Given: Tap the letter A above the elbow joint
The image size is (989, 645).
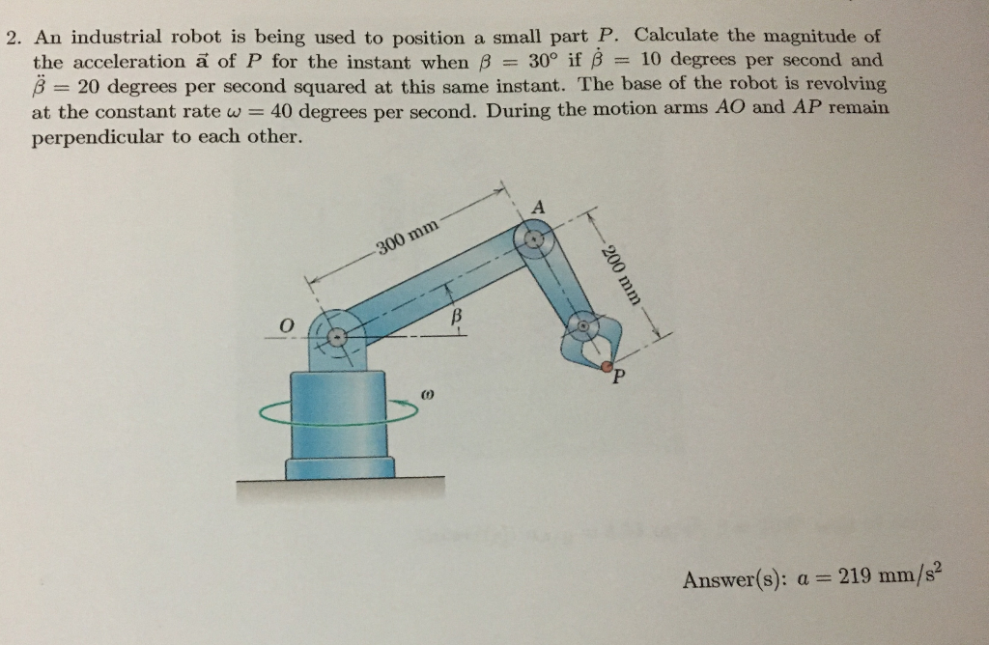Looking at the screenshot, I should (x=539, y=207).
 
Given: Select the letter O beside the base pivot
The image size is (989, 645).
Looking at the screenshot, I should (x=285, y=326).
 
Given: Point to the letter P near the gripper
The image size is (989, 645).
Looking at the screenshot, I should (x=615, y=380).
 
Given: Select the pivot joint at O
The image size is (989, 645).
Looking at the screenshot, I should (x=336, y=338).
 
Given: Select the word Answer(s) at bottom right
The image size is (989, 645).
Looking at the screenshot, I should (x=725, y=579).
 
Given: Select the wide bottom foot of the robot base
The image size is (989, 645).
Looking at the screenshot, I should (x=339, y=468).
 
